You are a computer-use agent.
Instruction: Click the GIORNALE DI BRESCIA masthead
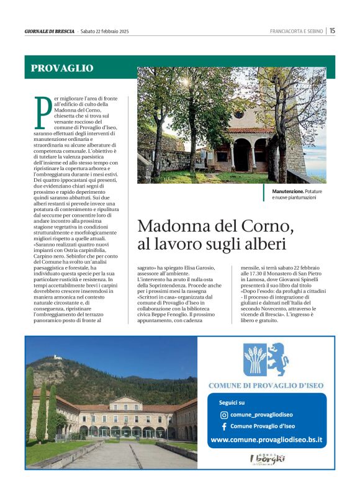(50, 31)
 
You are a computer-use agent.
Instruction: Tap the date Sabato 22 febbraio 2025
(104, 31)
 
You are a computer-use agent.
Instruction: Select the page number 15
(333, 30)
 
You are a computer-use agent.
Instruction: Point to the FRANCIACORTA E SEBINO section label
(297, 31)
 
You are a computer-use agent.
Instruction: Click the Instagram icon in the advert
(224, 414)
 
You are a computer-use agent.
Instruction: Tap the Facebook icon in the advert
(224, 426)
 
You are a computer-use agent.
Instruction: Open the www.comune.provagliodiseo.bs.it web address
(267, 440)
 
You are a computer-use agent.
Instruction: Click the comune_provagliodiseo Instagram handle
(261, 414)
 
